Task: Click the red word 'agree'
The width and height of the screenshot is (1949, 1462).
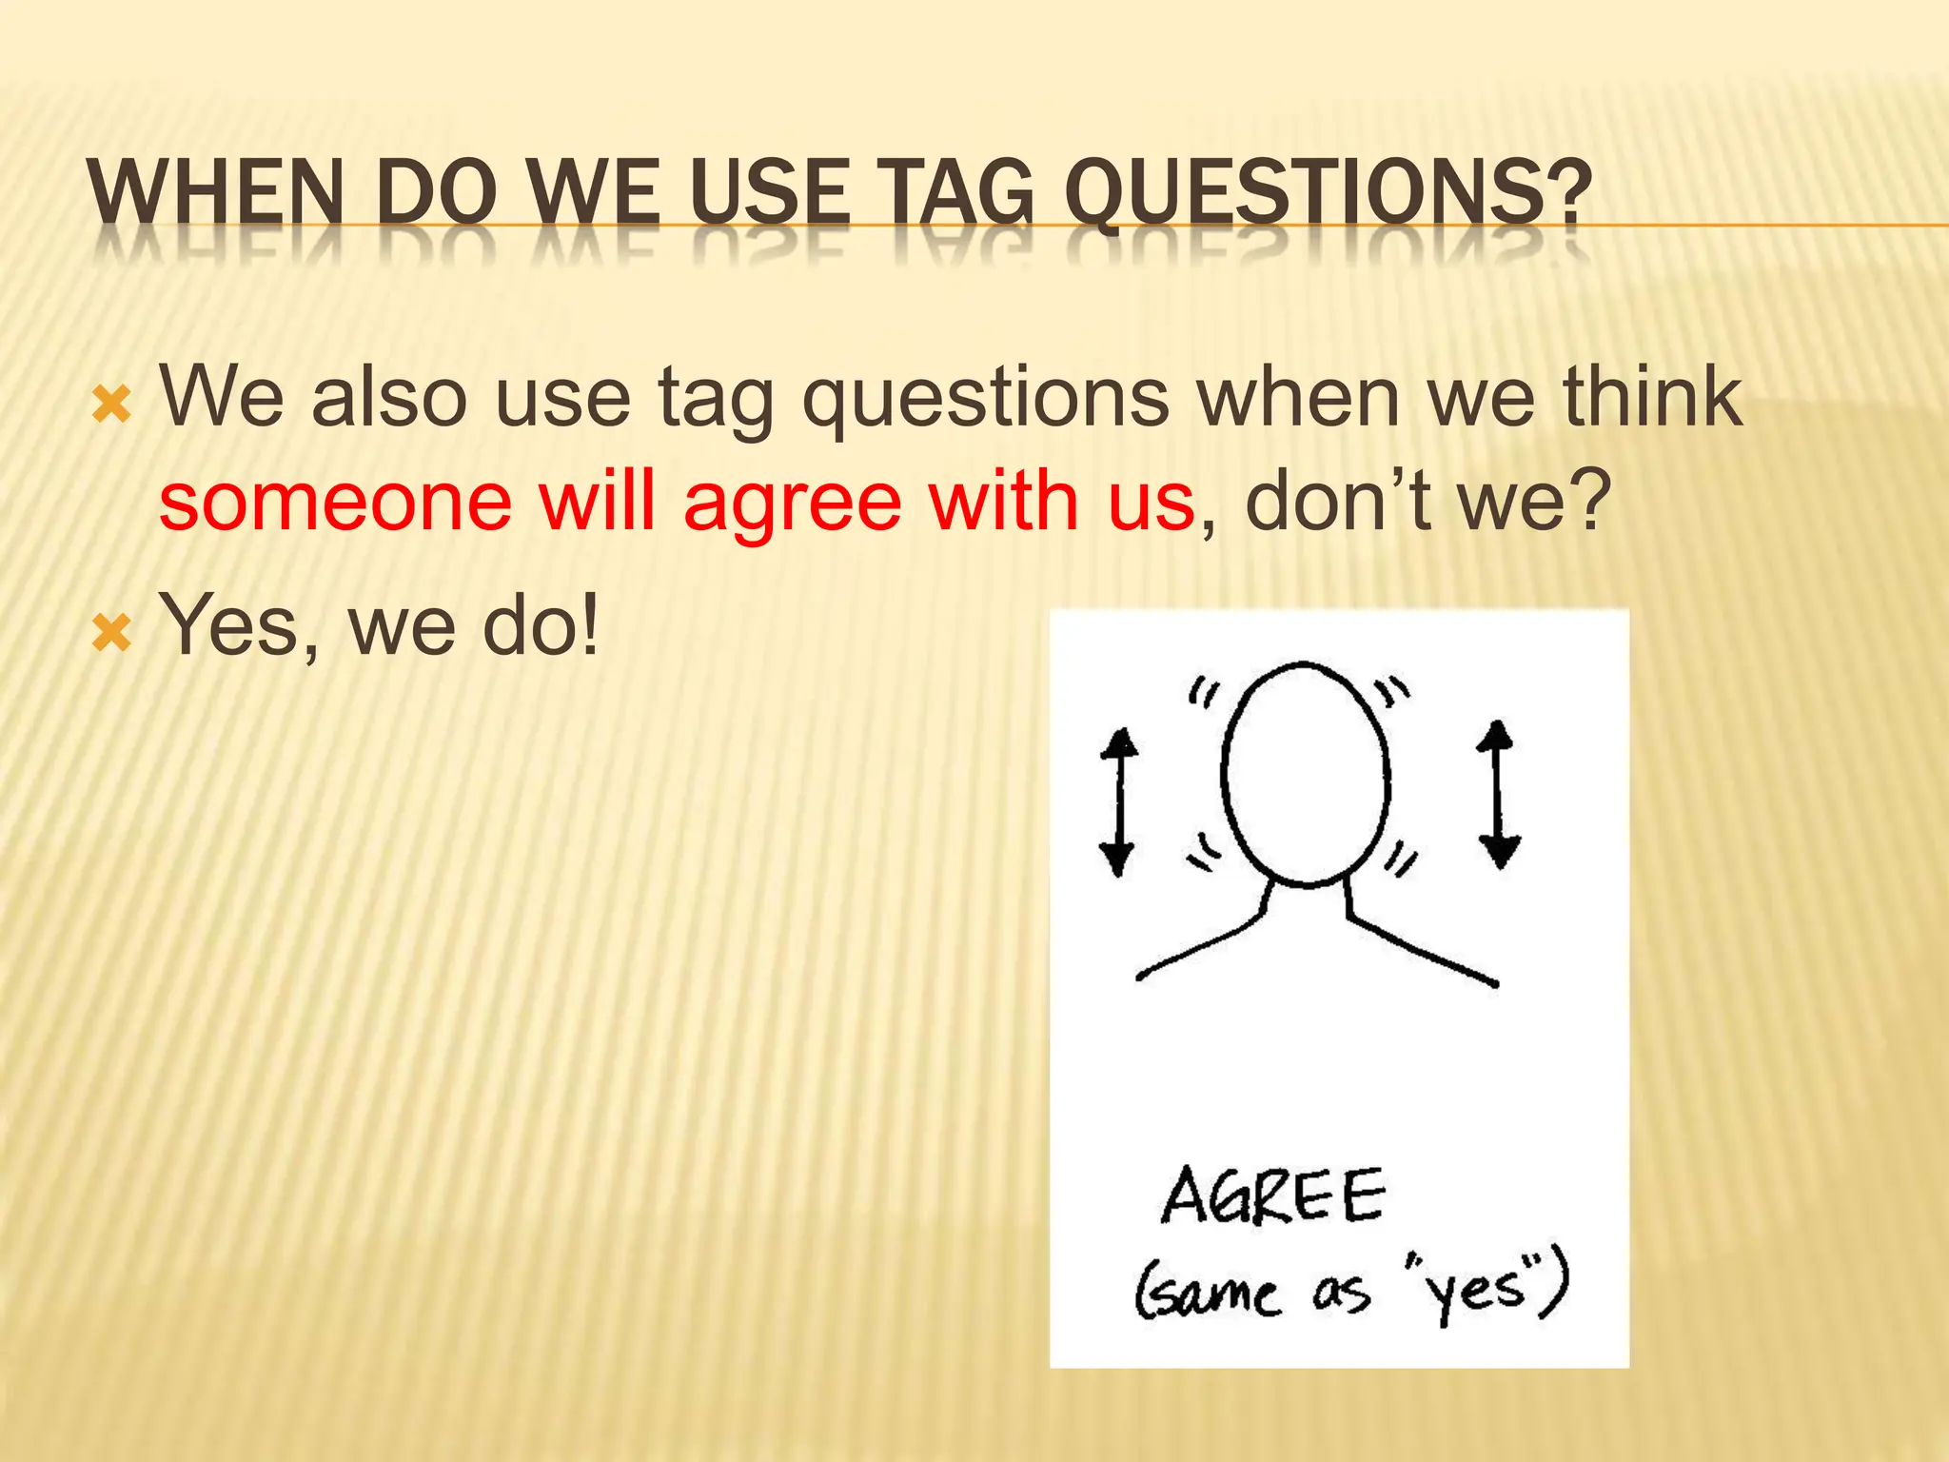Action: (792, 504)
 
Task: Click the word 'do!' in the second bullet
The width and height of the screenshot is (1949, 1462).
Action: (541, 626)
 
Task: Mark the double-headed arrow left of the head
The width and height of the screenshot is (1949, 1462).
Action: (1118, 801)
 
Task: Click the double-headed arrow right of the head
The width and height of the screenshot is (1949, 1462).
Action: (1499, 794)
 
